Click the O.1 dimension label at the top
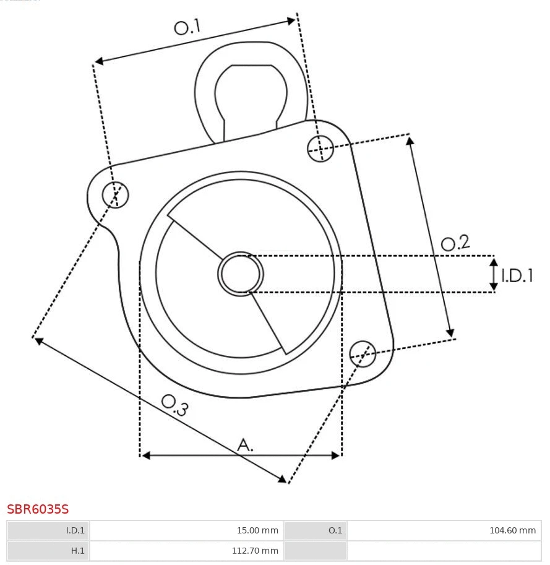tap(187, 27)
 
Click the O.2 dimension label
tap(455, 243)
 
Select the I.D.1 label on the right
tap(517, 275)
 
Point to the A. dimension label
tap(246, 444)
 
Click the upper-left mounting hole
tap(116, 195)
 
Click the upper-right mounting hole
tap(320, 148)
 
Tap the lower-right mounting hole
tap(363, 352)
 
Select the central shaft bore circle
tap(241, 274)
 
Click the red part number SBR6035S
tap(38, 509)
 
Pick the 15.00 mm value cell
tap(186, 530)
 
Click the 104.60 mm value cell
tap(444, 530)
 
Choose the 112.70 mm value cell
tap(186, 550)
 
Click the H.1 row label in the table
tap(48, 550)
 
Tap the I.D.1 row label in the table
tap(48, 530)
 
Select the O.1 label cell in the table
tap(316, 530)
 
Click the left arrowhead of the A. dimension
tap(145, 455)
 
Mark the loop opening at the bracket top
tap(251, 93)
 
